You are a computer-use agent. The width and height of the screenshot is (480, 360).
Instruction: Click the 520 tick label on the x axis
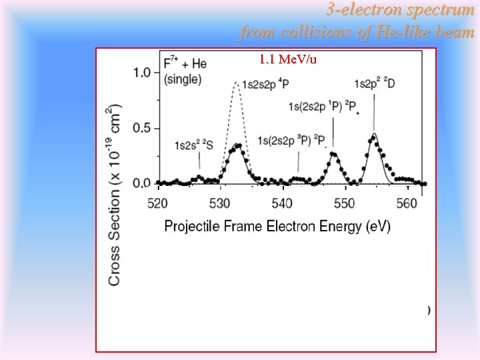point(157,203)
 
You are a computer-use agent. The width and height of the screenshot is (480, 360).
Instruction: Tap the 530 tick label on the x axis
point(220,203)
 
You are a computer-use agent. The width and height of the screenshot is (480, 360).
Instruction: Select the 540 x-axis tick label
point(283,203)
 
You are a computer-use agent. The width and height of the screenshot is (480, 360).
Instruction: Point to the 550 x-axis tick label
point(345,203)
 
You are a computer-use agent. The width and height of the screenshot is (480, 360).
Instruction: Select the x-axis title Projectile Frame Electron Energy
point(277,226)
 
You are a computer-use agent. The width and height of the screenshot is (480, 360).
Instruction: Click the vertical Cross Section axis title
point(114,195)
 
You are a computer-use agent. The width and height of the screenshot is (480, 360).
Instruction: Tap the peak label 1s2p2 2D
point(374,83)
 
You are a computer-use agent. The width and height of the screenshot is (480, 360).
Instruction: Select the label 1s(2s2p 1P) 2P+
point(325,108)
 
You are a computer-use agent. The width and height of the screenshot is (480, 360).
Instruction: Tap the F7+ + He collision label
point(185,63)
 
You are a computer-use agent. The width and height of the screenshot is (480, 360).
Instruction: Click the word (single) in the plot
point(182,79)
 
